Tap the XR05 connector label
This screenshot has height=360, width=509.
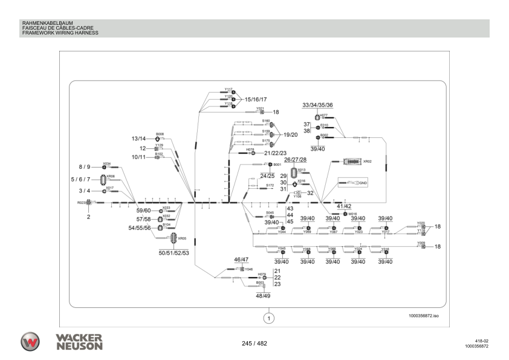[x=182, y=238]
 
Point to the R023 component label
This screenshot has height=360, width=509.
[x=80, y=203]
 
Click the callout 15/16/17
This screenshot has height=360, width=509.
[x=256, y=99]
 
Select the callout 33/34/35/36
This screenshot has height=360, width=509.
[x=317, y=105]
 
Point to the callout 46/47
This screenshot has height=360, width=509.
[x=242, y=259]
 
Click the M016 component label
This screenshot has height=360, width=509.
[x=354, y=214]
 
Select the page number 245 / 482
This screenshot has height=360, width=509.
[x=254, y=344]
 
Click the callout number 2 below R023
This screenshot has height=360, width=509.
[x=88, y=216]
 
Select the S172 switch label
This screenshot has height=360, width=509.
[x=270, y=185]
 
